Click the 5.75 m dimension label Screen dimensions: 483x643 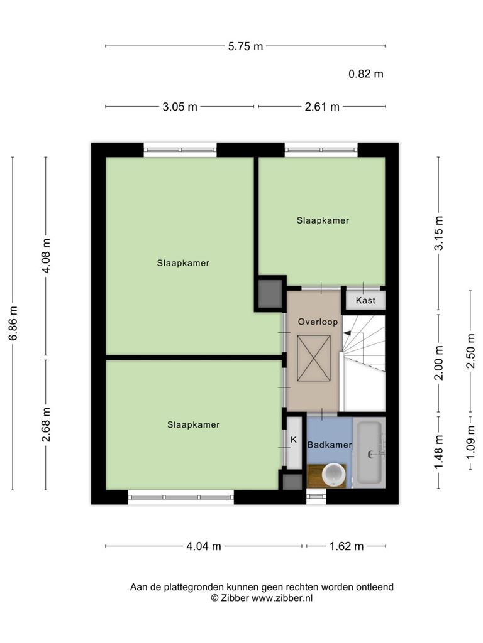click(x=245, y=46)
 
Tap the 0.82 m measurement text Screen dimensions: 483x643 click(x=365, y=74)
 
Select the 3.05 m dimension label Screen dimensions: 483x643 click(x=179, y=107)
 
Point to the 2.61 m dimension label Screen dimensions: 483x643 click(x=322, y=107)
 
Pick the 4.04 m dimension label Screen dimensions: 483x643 click(x=204, y=546)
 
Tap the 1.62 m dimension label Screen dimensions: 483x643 click(x=347, y=546)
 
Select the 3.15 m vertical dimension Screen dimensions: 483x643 click(x=438, y=233)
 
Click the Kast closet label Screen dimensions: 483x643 click(x=365, y=301)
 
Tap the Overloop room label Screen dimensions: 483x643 click(x=318, y=322)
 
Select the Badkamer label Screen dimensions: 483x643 click(x=330, y=445)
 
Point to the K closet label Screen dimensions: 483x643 click(x=294, y=440)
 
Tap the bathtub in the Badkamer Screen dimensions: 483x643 click(x=370, y=452)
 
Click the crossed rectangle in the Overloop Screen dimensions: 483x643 click(x=313, y=358)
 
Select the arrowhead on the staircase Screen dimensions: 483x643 click(x=347, y=333)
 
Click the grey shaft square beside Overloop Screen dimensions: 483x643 click(x=270, y=294)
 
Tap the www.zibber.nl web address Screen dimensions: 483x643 click(x=282, y=598)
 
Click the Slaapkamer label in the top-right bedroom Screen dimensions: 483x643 click(x=323, y=220)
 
